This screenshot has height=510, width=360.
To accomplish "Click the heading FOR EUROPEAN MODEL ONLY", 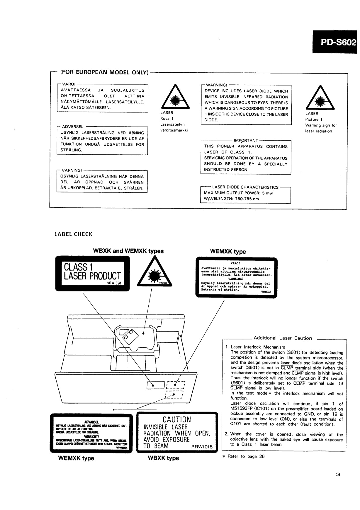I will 104,72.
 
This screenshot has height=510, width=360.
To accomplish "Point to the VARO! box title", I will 69,84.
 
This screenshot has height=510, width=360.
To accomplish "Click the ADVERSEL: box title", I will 73,127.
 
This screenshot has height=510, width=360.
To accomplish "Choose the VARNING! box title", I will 72,170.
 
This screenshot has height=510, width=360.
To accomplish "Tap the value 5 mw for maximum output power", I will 267,193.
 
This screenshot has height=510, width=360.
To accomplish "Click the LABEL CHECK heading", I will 73,234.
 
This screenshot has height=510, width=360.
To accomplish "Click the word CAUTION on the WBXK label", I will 177,419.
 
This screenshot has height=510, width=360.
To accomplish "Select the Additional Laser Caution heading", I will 283,338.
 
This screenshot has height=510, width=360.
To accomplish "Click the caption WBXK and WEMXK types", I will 128,251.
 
